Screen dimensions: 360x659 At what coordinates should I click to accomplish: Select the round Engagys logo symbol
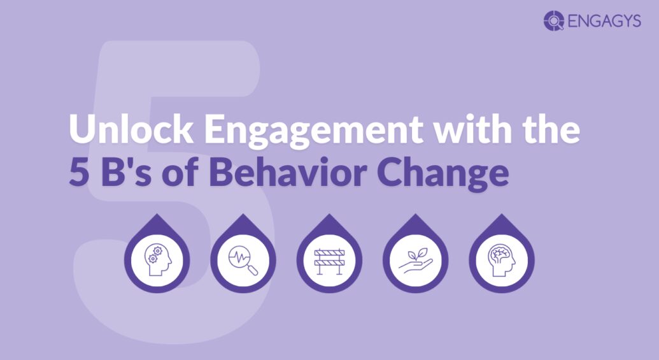point(553,21)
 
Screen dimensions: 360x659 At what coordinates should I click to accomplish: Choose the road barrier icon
point(329,261)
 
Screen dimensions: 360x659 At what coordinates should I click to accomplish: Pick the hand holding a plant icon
point(415,261)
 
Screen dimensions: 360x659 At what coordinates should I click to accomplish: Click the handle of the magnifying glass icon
point(253,270)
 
